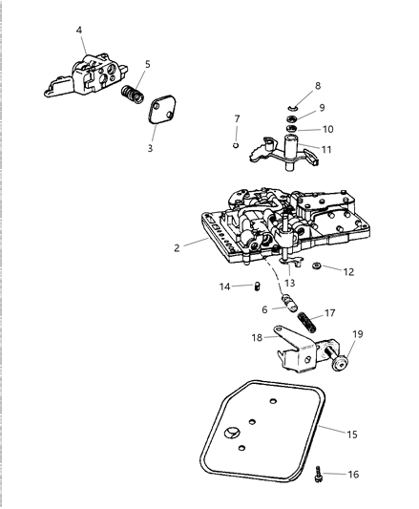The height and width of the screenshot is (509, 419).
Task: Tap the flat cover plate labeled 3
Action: (x=161, y=121)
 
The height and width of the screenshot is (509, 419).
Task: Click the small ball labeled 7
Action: (x=235, y=146)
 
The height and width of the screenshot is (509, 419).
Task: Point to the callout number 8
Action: (x=318, y=86)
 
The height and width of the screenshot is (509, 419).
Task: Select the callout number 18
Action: (x=257, y=338)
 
